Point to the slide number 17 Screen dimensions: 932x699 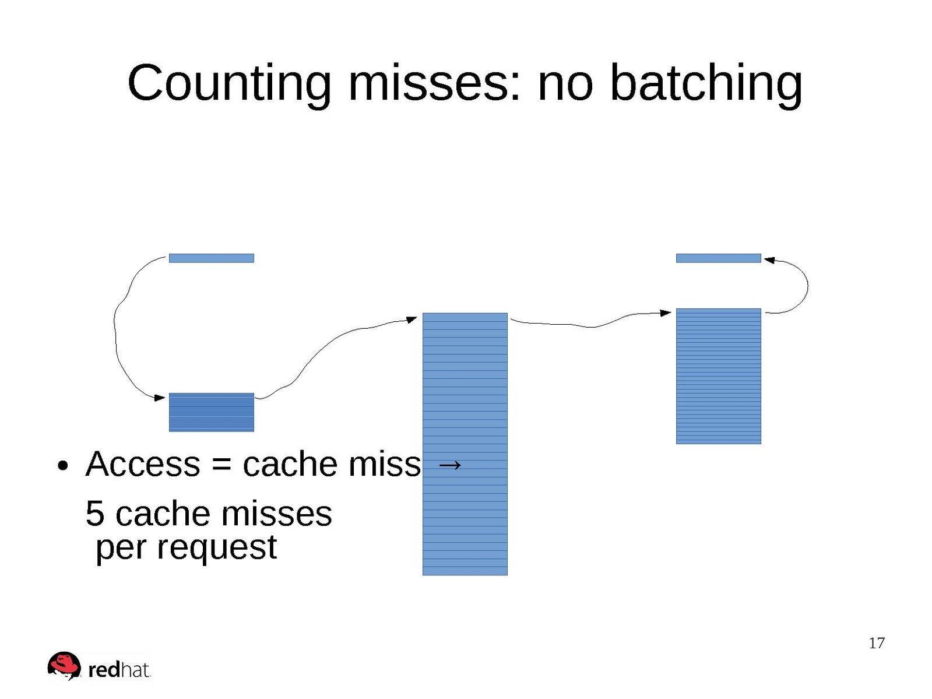coord(877,643)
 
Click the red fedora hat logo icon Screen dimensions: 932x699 coord(64,665)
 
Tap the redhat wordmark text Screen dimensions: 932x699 coord(119,670)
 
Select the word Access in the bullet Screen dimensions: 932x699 coord(143,463)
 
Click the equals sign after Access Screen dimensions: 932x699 coord(221,465)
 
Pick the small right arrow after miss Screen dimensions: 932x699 coord(449,465)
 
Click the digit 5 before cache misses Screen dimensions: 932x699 coord(94,514)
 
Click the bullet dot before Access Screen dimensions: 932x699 coord(62,466)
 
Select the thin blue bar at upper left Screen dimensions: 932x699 coord(212,258)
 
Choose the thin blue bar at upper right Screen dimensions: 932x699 coord(719,258)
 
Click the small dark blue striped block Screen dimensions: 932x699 coord(212,412)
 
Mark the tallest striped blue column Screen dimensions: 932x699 coord(465,444)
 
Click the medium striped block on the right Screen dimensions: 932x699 coord(719,376)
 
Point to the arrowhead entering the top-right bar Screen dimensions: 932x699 coord(769,260)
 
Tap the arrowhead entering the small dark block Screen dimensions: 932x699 coord(160,398)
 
